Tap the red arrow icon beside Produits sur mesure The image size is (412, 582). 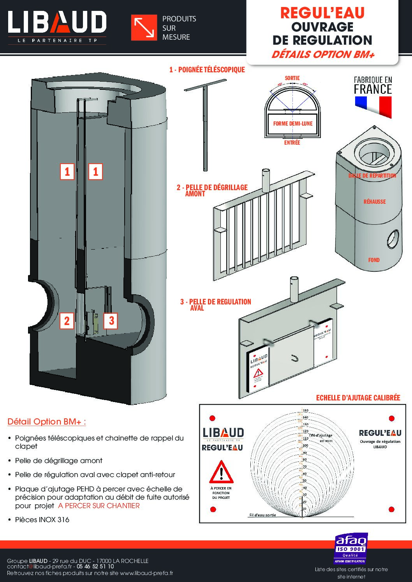144,28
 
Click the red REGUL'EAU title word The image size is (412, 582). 322,14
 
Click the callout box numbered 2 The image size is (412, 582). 67,321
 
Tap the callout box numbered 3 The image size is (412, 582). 111,321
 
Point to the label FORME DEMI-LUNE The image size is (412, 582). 292,124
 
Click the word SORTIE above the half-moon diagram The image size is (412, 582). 292,78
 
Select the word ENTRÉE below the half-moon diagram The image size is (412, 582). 292,143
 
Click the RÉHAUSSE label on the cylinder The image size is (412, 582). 374,201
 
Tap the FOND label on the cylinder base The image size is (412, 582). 374,260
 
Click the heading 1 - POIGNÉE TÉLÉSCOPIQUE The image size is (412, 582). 207,70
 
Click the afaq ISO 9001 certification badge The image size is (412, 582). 351,549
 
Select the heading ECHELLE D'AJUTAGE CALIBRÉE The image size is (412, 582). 358,398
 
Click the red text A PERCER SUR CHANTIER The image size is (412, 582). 99,506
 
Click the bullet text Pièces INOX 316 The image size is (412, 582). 42,520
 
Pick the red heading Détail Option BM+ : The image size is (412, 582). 47,422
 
